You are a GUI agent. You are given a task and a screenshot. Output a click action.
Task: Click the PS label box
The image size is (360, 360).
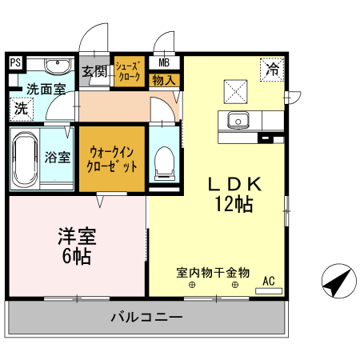pyautogui.click(x=14, y=62)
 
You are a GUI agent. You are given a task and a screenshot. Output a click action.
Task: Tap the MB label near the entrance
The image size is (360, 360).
pyautogui.click(x=163, y=62)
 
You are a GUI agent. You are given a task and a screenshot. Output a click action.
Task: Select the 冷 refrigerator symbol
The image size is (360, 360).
pyautogui.click(x=272, y=70)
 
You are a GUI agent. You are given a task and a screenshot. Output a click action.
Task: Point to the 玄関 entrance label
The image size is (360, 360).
pyautogui.click(x=94, y=71)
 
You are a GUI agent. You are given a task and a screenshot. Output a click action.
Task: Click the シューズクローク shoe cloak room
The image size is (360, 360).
pyautogui.click(x=129, y=72)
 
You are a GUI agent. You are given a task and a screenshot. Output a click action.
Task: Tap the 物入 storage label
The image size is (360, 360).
pyautogui.click(x=163, y=80)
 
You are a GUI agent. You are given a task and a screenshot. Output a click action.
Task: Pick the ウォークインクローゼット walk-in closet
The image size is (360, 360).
pyautogui.click(x=112, y=158)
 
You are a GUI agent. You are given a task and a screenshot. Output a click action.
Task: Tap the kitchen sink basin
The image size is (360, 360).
pyautogui.click(x=238, y=121)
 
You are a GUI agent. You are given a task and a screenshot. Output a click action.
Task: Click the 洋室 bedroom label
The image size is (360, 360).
pyautogui.click(x=77, y=237)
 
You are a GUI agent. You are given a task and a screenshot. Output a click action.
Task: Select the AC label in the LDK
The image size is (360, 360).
pyautogui.click(x=269, y=280)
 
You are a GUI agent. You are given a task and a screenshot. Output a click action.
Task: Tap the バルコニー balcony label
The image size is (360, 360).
pyautogui.click(x=146, y=318)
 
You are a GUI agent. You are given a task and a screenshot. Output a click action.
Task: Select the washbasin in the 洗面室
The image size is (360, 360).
pyautogui.click(x=56, y=66)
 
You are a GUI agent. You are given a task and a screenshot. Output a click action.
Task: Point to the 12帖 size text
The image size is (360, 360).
pyautogui.click(x=233, y=204)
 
